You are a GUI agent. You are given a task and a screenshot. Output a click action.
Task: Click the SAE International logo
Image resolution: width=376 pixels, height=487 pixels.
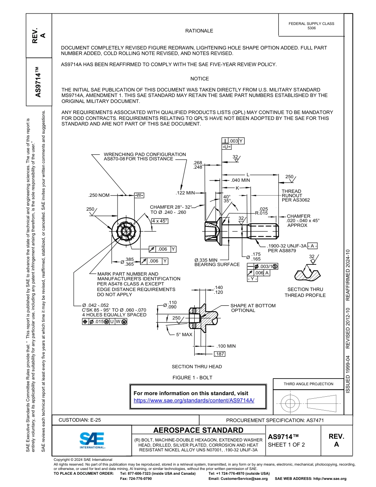point(92,440)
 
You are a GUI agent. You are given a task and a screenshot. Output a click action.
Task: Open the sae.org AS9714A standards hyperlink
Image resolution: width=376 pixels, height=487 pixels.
point(194,400)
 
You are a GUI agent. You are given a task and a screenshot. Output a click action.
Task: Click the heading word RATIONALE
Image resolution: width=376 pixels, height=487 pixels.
point(199,31)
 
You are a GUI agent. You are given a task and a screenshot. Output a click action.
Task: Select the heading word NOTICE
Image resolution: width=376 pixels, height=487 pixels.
point(199,79)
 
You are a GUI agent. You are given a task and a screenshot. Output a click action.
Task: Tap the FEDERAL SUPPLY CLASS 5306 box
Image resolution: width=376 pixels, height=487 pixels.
point(311,26)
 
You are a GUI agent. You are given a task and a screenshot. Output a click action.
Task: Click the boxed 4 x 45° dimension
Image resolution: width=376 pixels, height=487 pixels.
point(160,221)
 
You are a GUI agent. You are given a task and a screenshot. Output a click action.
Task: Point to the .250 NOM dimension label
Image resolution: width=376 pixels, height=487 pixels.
point(99,195)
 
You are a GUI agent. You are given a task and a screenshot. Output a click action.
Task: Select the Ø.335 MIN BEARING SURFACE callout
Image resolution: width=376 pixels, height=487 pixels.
point(217,262)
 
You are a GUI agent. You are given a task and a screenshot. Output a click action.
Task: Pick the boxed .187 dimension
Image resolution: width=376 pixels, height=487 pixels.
point(219,354)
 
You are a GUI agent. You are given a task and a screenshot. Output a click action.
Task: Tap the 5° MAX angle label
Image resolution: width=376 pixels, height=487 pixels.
point(184,335)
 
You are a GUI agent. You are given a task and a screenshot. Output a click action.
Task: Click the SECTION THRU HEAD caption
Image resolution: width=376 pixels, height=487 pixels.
point(197,367)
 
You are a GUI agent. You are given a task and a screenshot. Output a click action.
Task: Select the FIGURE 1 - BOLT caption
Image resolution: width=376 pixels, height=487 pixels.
point(192,377)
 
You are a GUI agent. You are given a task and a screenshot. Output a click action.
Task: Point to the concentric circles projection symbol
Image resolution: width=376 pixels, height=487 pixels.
point(291,403)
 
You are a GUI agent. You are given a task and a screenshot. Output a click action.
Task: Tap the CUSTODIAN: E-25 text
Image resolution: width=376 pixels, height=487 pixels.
point(82,420)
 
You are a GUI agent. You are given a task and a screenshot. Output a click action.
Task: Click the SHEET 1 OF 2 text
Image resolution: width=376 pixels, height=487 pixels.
point(286,445)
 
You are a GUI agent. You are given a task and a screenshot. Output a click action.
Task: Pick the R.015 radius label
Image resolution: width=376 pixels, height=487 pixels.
point(261,213)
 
